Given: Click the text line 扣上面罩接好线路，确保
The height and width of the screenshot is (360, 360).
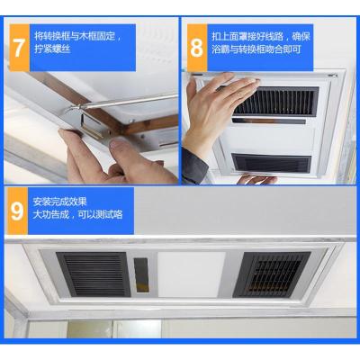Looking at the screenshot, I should pyautogui.click(x=261, y=37).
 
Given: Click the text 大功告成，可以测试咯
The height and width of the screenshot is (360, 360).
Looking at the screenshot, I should pyautogui.click(x=77, y=215).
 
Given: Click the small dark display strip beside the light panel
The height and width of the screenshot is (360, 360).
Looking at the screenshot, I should pyautogui.click(x=141, y=269).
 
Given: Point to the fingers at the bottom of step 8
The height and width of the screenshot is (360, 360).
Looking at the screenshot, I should pyautogui.click(x=256, y=179).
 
